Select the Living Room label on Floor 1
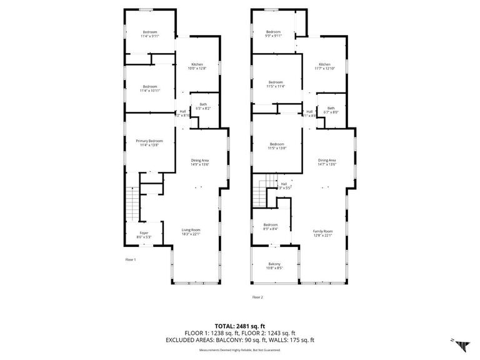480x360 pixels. (190, 232)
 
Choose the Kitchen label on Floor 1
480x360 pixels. (197, 66)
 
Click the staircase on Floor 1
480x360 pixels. (132, 202)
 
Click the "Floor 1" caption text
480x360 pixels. (130, 259)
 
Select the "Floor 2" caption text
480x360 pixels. (257, 297)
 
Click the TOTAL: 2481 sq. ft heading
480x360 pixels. (240, 326)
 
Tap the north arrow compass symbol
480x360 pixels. (462, 343)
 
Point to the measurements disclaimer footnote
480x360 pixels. (240, 349)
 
